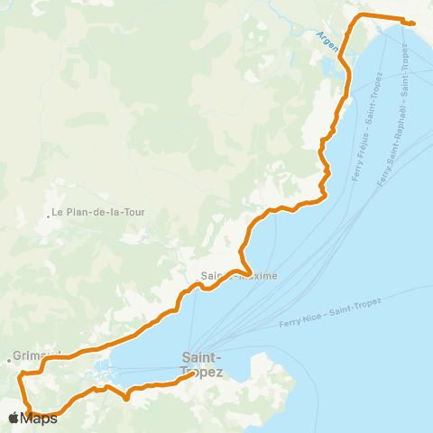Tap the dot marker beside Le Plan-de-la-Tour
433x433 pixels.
pyautogui.click(x=49, y=215)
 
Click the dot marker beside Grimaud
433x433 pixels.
pyautogui.click(x=10, y=360)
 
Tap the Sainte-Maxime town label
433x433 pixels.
pyautogui.click(x=239, y=276)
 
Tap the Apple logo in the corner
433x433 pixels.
pyautogui.click(x=14, y=418)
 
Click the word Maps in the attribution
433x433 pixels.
pyautogui.click(x=40, y=418)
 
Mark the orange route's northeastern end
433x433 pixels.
pyautogui.click(x=412, y=23)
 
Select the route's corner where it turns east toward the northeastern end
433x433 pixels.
pyautogui.click(x=362, y=17)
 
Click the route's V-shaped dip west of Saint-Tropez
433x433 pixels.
pyautogui.click(x=127, y=398)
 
